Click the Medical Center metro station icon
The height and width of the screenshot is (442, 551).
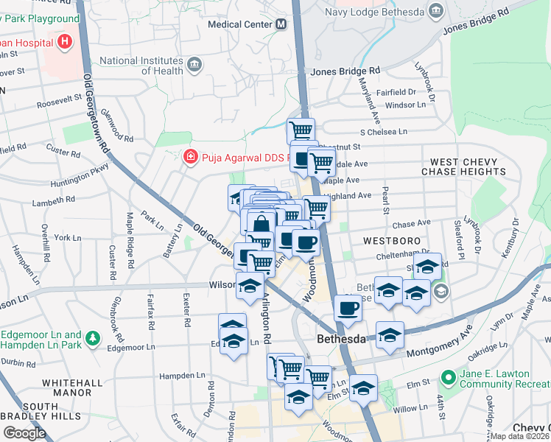click(281, 24)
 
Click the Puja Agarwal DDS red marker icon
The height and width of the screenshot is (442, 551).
click(189, 156)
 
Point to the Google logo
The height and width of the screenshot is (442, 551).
click(24, 432)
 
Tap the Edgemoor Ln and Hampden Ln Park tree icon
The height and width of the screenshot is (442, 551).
click(93, 338)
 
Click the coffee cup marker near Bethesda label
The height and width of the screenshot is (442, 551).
click(348, 309)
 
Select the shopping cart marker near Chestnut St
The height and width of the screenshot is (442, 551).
click(301, 132)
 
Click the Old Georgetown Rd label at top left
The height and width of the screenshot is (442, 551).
click(96, 103)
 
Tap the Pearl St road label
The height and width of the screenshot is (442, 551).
click(385, 200)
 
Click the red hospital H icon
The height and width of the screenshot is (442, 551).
click(65, 41)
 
